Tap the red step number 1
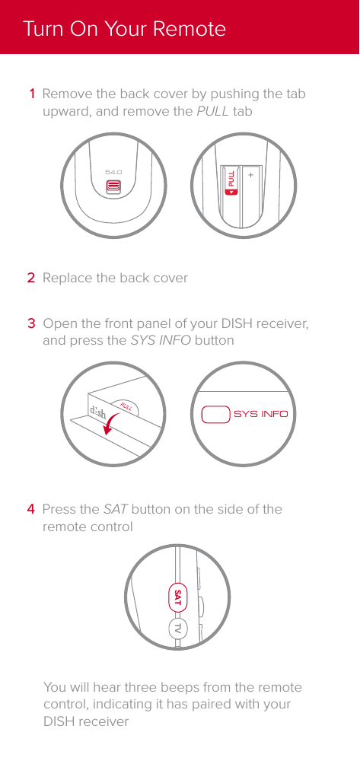(31, 95)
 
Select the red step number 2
(31, 278)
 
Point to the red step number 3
(31, 325)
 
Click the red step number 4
(31, 509)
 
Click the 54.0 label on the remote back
(113, 173)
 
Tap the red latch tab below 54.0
(113, 186)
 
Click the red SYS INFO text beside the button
(260, 415)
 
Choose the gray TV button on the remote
(177, 628)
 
